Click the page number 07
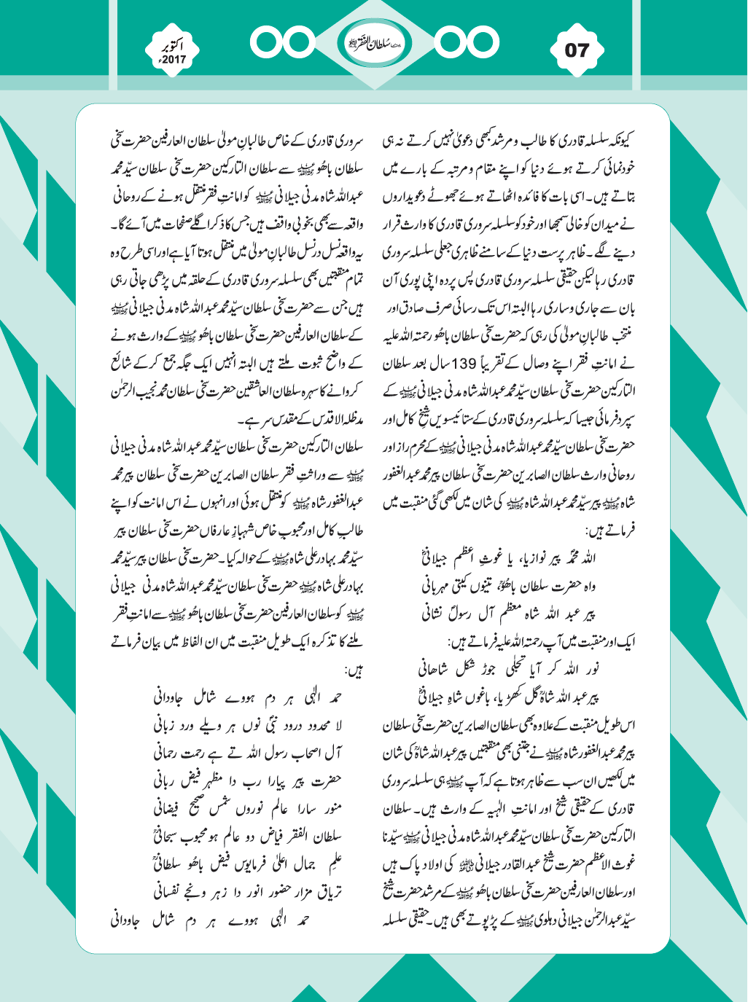point(576,51)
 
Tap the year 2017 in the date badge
point(173,60)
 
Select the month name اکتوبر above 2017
point(175,45)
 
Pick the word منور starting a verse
point(328,807)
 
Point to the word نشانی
point(440,612)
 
